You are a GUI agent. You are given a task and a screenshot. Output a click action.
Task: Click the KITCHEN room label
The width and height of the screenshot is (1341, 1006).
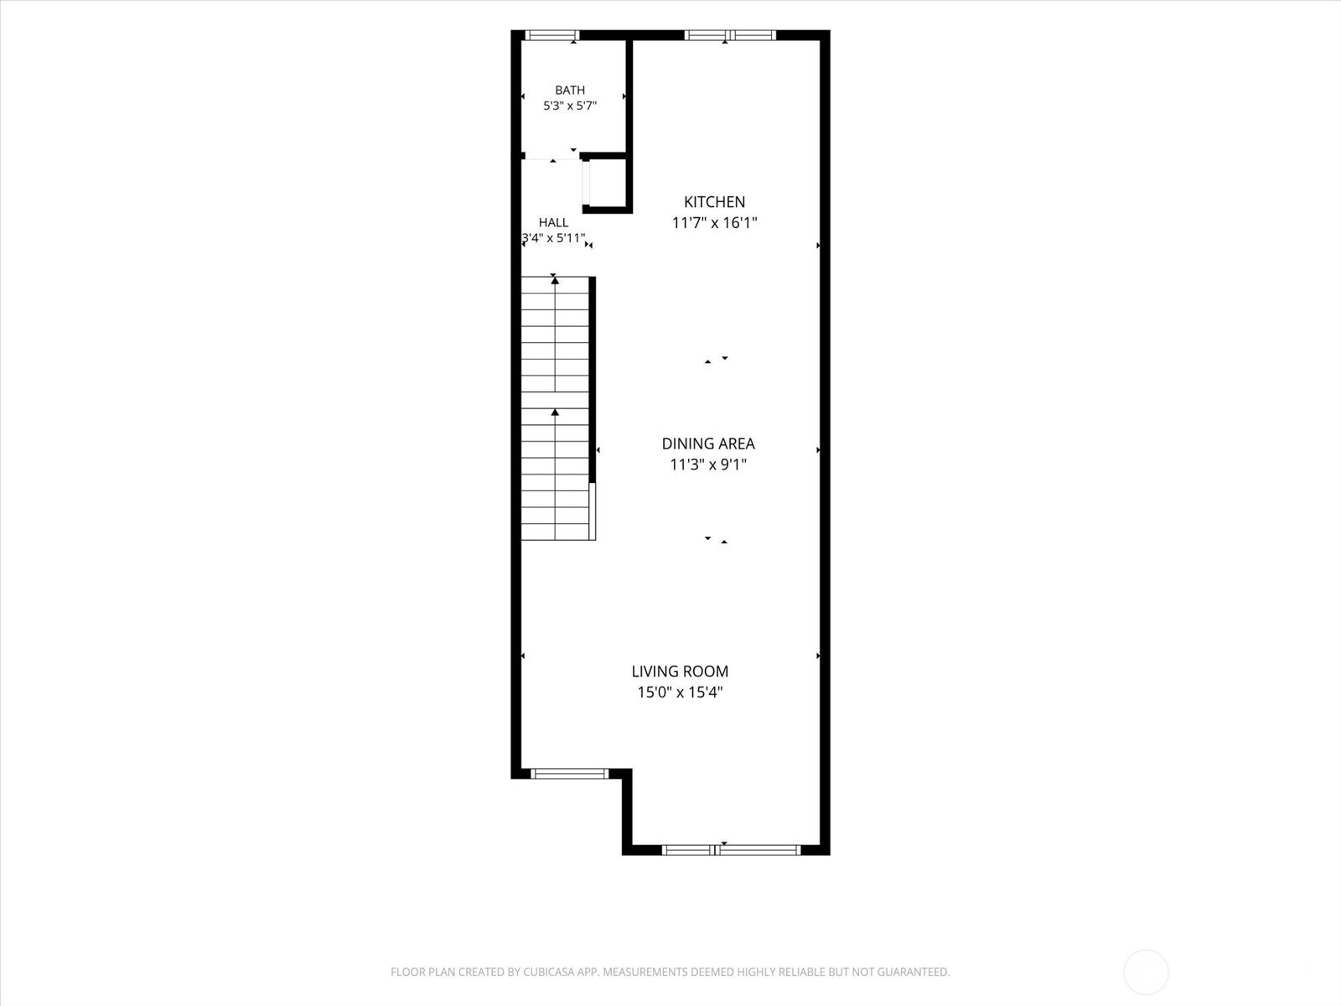pyautogui.click(x=714, y=201)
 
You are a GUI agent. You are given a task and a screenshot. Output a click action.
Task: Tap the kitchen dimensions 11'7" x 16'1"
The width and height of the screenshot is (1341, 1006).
pyautogui.click(x=714, y=223)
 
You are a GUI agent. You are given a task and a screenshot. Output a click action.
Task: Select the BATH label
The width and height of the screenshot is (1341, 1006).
pyautogui.click(x=570, y=91)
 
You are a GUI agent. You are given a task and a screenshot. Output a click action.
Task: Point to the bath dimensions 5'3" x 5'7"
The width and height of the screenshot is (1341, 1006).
pyautogui.click(x=570, y=106)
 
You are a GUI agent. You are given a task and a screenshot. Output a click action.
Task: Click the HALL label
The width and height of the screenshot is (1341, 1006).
pyautogui.click(x=553, y=222)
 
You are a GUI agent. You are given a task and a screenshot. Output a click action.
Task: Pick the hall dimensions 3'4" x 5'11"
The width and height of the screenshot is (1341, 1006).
pyautogui.click(x=553, y=237)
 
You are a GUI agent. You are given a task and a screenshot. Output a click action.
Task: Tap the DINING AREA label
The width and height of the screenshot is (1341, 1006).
pyautogui.click(x=708, y=443)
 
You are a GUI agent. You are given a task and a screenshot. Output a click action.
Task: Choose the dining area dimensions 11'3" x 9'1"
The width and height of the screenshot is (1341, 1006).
pyautogui.click(x=708, y=464)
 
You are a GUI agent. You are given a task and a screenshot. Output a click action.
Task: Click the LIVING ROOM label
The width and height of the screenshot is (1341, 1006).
pyautogui.click(x=680, y=672)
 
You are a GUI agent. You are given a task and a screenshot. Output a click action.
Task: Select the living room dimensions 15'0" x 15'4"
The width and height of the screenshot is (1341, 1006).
pyautogui.click(x=680, y=692)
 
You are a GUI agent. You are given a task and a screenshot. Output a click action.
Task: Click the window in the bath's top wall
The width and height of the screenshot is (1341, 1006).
pyautogui.click(x=551, y=35)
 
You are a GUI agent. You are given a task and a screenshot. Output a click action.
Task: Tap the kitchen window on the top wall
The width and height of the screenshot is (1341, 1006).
pyautogui.click(x=729, y=35)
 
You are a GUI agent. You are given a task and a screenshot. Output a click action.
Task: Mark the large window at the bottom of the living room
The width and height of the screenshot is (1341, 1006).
pyautogui.click(x=732, y=850)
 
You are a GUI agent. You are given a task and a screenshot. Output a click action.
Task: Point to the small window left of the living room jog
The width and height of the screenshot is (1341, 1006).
pyautogui.click(x=569, y=774)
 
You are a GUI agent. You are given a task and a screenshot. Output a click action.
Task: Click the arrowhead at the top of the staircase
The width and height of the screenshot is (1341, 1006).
pyautogui.click(x=555, y=280)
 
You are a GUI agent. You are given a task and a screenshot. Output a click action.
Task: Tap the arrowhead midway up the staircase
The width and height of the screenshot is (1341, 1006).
pyautogui.click(x=555, y=413)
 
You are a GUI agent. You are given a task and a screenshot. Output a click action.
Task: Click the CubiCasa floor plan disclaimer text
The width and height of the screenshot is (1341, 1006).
pyautogui.click(x=670, y=972)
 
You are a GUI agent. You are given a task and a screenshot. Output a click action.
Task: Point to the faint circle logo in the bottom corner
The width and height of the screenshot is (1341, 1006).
pyautogui.click(x=1146, y=951)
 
